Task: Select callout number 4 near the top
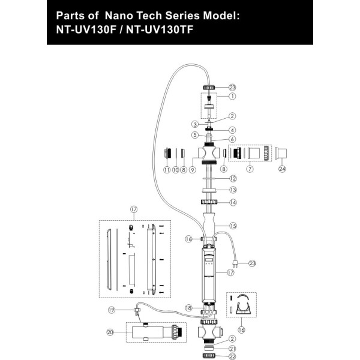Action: coord(232,130)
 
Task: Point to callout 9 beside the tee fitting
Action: coord(193,170)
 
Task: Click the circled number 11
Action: coord(166,170)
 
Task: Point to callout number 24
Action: coord(282,169)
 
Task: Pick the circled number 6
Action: coord(232,139)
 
